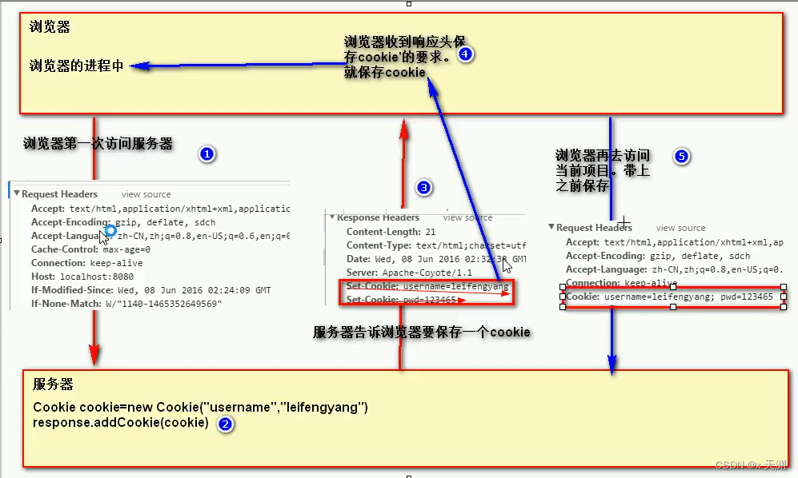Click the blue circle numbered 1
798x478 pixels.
tap(207, 153)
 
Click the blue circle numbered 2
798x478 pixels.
tap(226, 424)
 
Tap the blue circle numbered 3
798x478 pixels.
tap(424, 188)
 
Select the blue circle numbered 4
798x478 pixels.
tap(466, 54)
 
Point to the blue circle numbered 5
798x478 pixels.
tap(681, 156)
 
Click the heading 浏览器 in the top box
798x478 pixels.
tap(50, 27)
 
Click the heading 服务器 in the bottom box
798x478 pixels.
tap(53, 384)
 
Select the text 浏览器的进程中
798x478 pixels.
tap(77, 66)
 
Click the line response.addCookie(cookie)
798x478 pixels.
tap(120, 422)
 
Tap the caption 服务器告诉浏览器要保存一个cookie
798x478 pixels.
tap(421, 332)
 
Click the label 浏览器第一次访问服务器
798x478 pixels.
tap(98, 145)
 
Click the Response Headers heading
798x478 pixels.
tap(378, 217)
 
